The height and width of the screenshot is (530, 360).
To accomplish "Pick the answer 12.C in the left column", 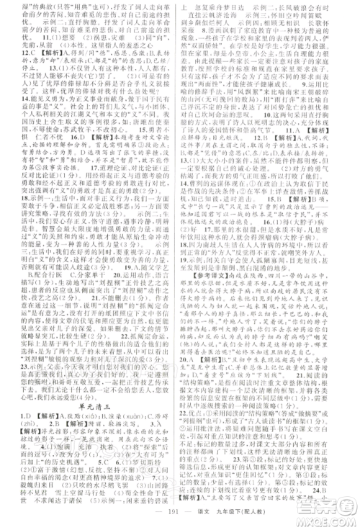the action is [x=24, y=72].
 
